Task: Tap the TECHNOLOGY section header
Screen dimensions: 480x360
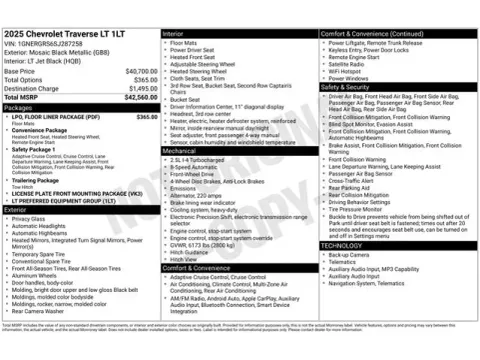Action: point(343,245)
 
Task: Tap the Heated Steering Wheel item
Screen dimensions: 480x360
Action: point(200,72)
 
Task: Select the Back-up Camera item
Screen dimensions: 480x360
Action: point(350,254)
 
